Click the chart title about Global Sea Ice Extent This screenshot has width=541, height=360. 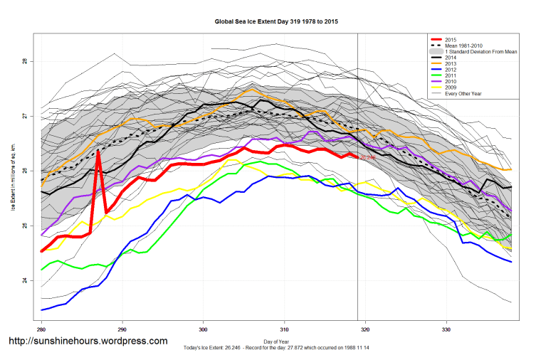(276, 22)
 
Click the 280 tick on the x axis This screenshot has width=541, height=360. (41, 329)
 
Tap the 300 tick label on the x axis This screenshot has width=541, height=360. (204, 329)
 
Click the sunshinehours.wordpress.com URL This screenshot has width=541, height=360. (87, 341)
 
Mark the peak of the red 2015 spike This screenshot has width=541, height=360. (98, 151)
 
